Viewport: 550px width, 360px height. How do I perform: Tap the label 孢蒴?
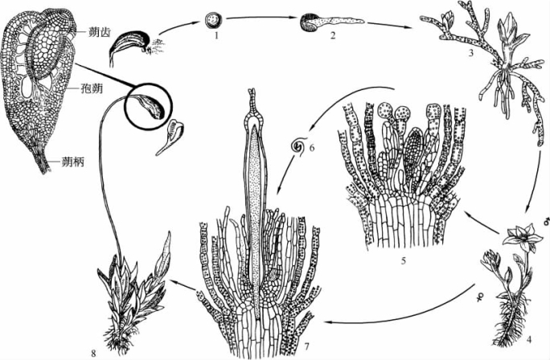(x=92, y=89)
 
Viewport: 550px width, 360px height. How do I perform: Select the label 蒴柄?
(x=73, y=162)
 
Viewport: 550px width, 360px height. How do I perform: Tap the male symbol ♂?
(x=547, y=221)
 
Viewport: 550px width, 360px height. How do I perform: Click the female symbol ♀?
(x=481, y=298)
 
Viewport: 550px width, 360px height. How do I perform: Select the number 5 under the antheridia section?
(x=404, y=261)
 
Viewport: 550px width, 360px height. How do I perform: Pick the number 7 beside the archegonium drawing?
(x=306, y=346)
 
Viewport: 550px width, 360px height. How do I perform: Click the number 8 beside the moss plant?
(x=93, y=353)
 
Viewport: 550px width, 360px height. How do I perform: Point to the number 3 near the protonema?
(x=472, y=54)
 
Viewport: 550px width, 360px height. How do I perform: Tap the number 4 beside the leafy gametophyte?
(x=529, y=339)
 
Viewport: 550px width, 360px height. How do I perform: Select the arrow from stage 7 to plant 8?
(x=183, y=284)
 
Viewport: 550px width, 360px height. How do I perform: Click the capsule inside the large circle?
(x=151, y=107)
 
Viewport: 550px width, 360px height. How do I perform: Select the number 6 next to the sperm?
(x=312, y=149)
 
